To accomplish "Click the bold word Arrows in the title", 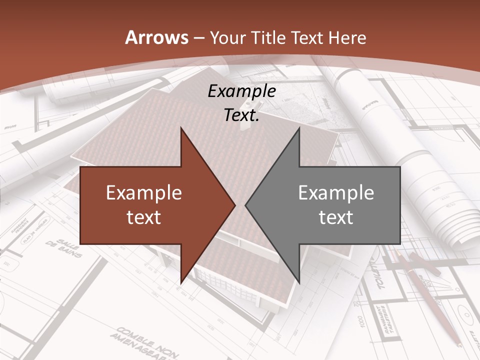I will tap(157, 37).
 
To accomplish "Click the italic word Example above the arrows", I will tap(242, 91).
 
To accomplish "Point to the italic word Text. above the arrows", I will tap(242, 115).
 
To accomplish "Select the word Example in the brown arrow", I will tap(144, 193).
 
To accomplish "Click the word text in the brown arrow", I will tap(144, 217).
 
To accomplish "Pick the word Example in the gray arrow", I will tap(336, 193).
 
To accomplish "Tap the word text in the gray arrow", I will tap(336, 217).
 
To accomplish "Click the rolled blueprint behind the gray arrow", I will tap(435, 190).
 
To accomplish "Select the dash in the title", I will tap(198, 38).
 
